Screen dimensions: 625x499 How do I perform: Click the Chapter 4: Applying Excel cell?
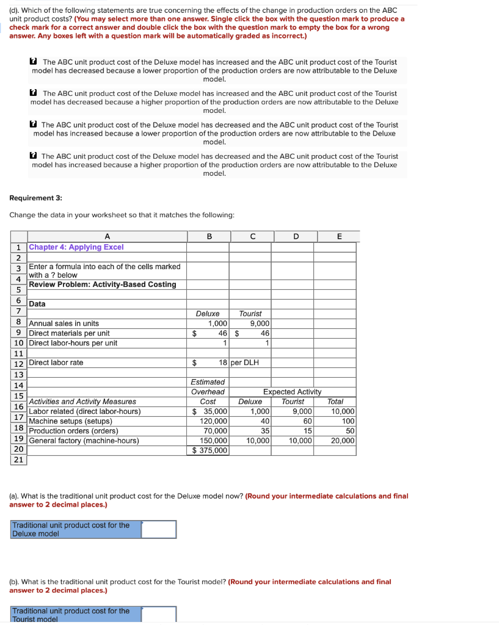click(x=76, y=247)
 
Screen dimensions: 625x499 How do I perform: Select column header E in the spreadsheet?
click(x=340, y=236)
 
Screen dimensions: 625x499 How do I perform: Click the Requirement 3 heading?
click(x=35, y=198)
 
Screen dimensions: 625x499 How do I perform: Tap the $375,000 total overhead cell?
click(x=210, y=450)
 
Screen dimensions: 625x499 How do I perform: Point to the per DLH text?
click(x=245, y=363)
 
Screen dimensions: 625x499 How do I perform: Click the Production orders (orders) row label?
click(x=73, y=431)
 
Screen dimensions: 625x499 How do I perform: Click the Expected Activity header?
click(x=292, y=392)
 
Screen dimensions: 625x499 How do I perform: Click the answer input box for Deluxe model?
click(x=158, y=529)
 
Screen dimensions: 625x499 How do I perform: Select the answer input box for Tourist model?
click(x=158, y=614)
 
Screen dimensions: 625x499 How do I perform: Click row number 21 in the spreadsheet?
click(x=18, y=460)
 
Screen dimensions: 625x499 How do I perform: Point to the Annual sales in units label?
click(x=64, y=323)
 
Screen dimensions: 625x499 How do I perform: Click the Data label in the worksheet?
click(x=37, y=304)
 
